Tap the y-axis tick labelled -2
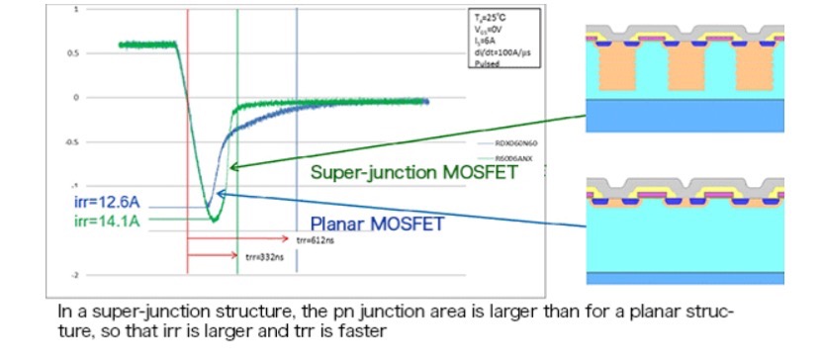tap(102, 274)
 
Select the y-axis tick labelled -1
tap(102, 186)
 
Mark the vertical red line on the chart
tap(187, 148)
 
